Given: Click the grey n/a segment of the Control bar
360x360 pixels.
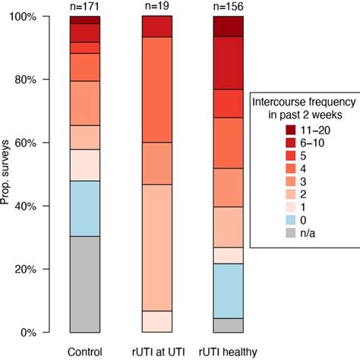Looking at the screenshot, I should click(x=84, y=284).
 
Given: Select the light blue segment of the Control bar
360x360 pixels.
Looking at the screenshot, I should click(x=84, y=208).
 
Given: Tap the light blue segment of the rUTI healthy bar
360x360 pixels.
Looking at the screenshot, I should click(x=227, y=290).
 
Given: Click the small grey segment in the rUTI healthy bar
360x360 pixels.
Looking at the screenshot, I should click(x=227, y=325).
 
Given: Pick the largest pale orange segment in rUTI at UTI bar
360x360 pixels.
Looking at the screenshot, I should click(x=157, y=248).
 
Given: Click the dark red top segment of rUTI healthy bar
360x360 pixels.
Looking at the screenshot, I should click(x=227, y=26).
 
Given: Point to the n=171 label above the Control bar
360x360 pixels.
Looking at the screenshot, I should click(x=84, y=7).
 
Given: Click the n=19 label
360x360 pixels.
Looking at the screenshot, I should click(x=157, y=7).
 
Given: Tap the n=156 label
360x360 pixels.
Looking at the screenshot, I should click(x=227, y=7).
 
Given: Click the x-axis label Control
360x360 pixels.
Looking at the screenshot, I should click(x=84, y=352).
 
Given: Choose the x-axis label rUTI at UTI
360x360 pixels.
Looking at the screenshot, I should click(x=157, y=352).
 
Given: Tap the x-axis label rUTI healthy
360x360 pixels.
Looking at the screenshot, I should click(x=227, y=352).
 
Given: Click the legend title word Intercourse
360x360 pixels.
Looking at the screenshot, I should click(x=278, y=102).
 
